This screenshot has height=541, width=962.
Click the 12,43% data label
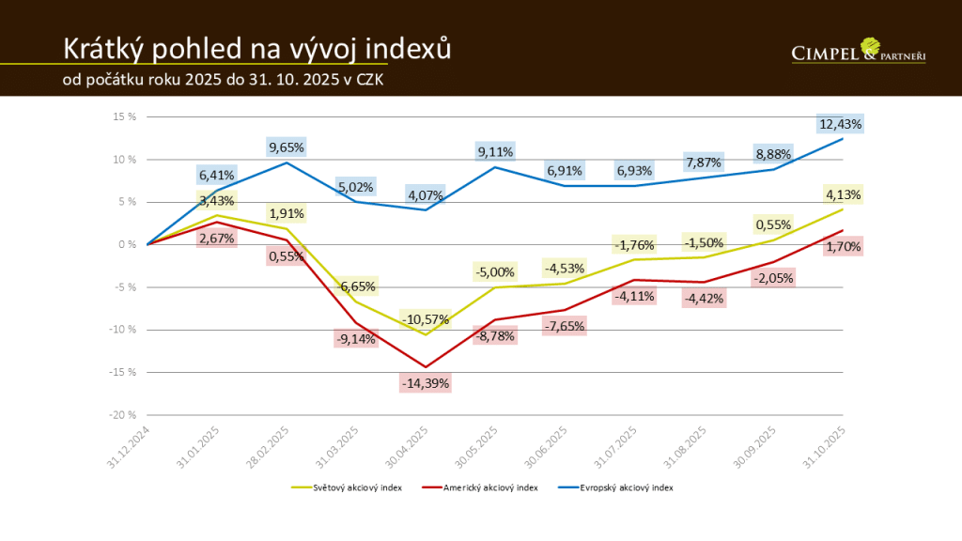(x=841, y=124)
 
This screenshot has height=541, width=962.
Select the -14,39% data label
(x=426, y=383)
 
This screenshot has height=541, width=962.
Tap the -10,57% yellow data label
(x=426, y=319)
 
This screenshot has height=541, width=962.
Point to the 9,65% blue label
(x=287, y=147)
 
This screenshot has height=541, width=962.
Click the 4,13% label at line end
(x=843, y=195)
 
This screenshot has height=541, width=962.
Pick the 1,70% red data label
(x=842, y=247)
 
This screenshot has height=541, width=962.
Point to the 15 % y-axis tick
(x=125, y=116)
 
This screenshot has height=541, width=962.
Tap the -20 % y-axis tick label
(x=123, y=414)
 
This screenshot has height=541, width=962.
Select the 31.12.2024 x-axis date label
(x=127, y=447)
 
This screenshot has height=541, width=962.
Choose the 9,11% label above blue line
(x=495, y=150)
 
